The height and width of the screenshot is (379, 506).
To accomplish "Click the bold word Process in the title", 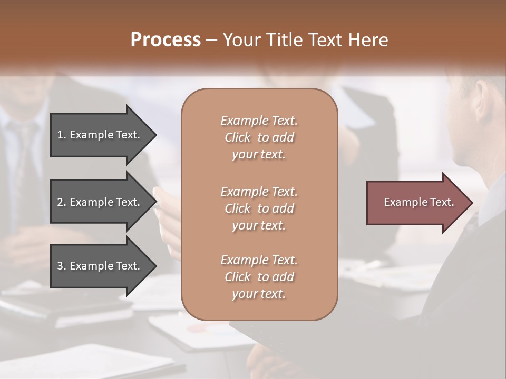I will (166, 40).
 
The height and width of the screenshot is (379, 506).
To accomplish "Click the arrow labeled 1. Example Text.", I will (100, 135).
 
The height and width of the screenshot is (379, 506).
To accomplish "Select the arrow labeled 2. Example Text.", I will (100, 202).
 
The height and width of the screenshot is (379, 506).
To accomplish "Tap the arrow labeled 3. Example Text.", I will (100, 266).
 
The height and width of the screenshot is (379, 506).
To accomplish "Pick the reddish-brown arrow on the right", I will (416, 203).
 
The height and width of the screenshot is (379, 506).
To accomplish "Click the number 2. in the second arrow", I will (62, 202).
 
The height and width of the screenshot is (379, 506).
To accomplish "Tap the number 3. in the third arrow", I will (62, 266).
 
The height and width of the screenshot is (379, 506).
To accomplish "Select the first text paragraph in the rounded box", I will (259, 137).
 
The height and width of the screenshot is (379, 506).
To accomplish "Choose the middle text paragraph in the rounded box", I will (259, 208).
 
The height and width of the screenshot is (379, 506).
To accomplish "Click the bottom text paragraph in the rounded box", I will (259, 277).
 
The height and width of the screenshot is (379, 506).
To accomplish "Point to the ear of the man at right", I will (481, 103).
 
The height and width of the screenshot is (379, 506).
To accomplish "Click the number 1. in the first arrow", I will (62, 135).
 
